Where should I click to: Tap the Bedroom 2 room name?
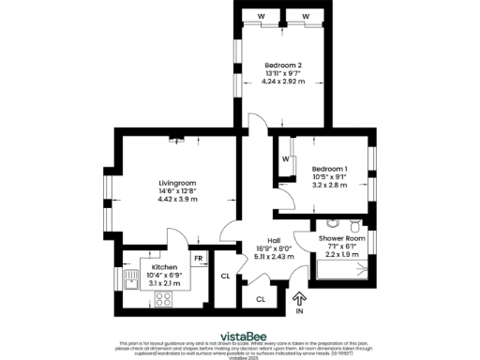282,65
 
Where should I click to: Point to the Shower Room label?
343,238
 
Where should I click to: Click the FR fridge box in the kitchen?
199,259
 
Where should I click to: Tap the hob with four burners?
163,300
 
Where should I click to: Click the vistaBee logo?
240,334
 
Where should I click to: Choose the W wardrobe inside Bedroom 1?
285,158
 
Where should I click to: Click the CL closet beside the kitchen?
225,277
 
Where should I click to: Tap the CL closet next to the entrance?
261,298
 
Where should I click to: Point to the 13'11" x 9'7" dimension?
282,73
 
